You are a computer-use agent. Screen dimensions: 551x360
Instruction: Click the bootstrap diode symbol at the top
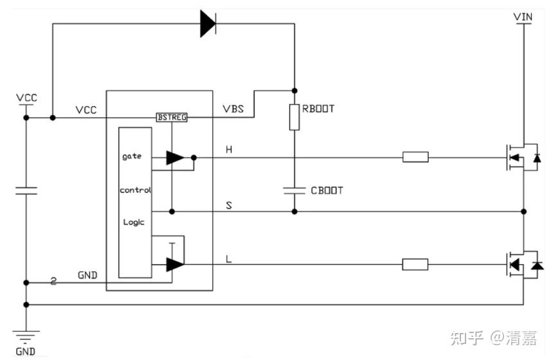click(208, 24)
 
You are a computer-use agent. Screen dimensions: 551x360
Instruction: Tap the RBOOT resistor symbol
click(294, 117)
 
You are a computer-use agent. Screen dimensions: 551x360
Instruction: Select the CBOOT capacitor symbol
click(294, 191)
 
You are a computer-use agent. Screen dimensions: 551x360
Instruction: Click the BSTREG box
click(172, 117)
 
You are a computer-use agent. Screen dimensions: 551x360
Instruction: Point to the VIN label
click(523, 17)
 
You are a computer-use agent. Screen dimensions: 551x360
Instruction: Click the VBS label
click(233, 109)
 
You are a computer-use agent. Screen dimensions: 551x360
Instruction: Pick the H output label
click(229, 150)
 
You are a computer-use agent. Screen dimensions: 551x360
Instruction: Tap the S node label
click(229, 205)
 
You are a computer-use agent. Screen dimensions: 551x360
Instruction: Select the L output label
click(229, 260)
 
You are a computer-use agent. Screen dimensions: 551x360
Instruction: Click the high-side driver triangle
click(175, 157)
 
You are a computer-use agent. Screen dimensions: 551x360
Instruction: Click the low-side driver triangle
click(175, 264)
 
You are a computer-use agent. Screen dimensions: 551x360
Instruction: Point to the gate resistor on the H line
click(415, 157)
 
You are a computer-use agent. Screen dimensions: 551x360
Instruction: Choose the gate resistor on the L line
click(415, 264)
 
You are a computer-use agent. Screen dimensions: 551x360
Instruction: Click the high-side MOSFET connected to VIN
click(522, 157)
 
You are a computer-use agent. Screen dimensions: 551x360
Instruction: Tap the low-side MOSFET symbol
click(523, 264)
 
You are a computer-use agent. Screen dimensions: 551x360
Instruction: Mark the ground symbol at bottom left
click(26, 336)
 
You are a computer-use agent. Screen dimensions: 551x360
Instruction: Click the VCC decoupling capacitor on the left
click(26, 191)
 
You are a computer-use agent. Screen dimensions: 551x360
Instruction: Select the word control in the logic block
click(135, 190)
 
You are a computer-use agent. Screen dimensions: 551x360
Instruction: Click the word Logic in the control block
click(134, 222)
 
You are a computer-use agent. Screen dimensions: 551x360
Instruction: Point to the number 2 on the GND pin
click(53, 281)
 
